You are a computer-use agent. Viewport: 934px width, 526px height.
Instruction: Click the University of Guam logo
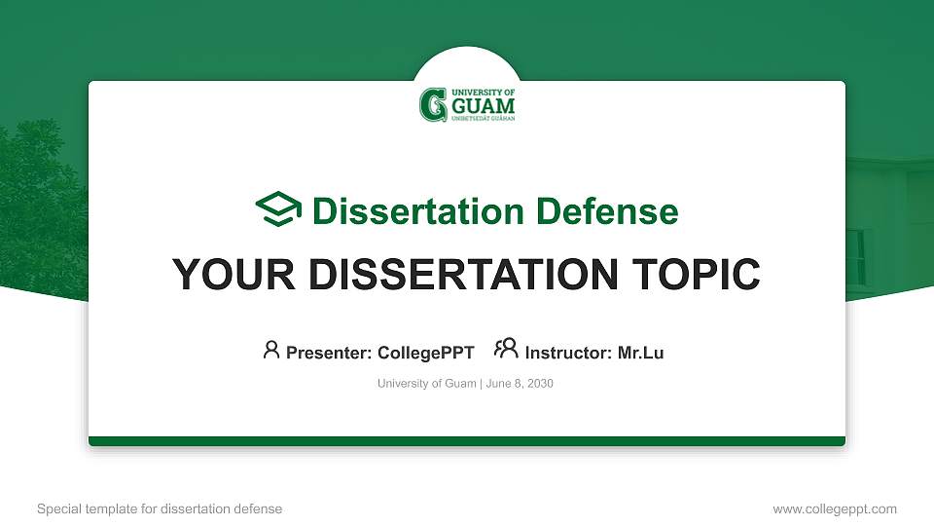coord(467,103)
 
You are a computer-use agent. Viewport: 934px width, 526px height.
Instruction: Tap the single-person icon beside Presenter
coord(271,350)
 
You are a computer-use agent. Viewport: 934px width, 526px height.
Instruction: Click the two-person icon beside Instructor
coord(506,350)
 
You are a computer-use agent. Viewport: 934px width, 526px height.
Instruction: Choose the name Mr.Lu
coord(640,353)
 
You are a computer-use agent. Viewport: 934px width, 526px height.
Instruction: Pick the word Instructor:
coord(568,353)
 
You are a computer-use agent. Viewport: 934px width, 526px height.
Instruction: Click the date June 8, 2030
coord(519,384)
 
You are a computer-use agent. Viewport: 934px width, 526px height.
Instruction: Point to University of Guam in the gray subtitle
coord(426,384)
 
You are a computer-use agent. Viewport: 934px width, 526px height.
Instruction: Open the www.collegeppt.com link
coord(834,508)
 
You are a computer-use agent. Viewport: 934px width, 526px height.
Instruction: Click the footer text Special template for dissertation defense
coord(160,508)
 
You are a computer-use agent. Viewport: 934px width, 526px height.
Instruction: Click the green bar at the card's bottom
coord(467,441)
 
